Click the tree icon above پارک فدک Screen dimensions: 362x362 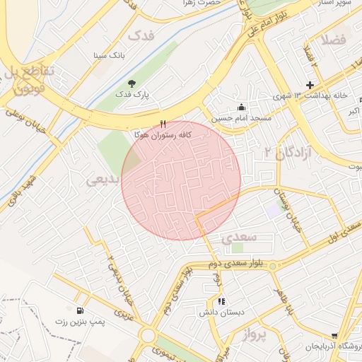(x=132, y=83)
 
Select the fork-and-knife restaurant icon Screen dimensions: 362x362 (x=163, y=124)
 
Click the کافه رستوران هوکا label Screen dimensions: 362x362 (x=163, y=134)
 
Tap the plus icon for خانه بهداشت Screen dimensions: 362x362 (x=309, y=85)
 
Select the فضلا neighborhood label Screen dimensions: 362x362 (x=334, y=40)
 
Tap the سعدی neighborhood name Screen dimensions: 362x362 (x=239, y=238)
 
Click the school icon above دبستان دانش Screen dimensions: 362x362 (x=221, y=301)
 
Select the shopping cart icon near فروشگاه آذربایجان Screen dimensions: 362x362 (x=334, y=336)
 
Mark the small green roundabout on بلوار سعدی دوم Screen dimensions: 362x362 (x=272, y=266)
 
